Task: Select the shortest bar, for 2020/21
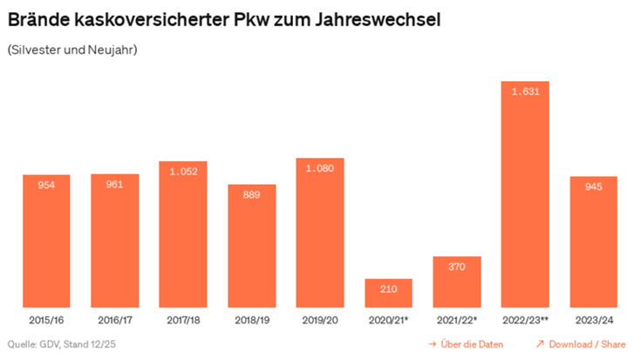[x=388, y=293]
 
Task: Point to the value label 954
[x=46, y=185]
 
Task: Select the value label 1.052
[x=183, y=172]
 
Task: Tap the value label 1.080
[x=320, y=168]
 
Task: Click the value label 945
[x=593, y=187]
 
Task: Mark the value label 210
[x=388, y=289]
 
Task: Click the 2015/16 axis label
[x=46, y=320]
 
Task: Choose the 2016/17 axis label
[x=115, y=320]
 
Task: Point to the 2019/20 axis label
[x=320, y=320]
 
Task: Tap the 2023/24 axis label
[x=593, y=320]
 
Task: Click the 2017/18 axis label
[x=183, y=320]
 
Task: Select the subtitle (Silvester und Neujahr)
[x=72, y=50]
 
